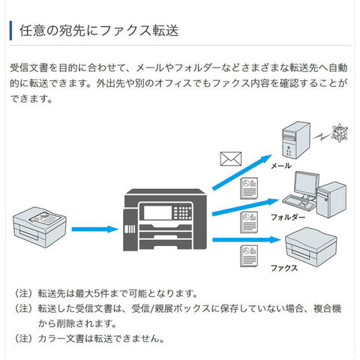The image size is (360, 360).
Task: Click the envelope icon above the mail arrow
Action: tap(230, 159)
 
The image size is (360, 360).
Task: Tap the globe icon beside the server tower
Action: tap(339, 133)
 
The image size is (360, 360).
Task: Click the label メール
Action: tap(281, 166)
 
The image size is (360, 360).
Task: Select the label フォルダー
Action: tap(288, 217)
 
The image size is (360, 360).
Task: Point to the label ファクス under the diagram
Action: tap(284, 268)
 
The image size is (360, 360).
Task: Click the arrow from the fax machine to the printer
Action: tap(94, 229)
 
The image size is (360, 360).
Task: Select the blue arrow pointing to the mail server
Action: tap(242, 172)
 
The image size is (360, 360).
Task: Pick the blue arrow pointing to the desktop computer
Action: tap(245, 207)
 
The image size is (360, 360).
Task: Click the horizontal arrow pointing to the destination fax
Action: tap(246, 240)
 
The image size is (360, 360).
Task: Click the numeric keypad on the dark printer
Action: tap(183, 213)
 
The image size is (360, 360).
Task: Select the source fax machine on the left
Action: tap(40, 227)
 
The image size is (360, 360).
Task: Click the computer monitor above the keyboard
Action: tap(307, 184)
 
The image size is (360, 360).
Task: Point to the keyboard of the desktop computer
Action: tap(298, 202)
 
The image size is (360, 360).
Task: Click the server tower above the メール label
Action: tap(296, 140)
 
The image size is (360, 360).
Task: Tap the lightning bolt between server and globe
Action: tap(322, 136)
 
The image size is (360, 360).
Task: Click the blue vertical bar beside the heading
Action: tap(10, 31)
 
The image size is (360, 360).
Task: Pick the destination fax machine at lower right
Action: tap(311, 247)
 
